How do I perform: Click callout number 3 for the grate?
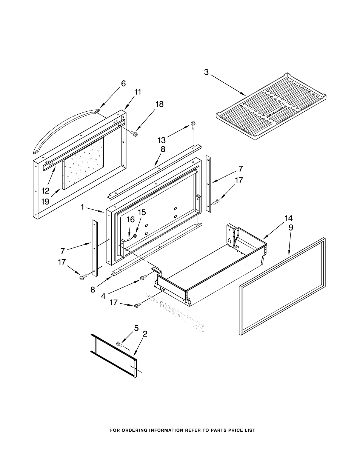pyautogui.click(x=206, y=72)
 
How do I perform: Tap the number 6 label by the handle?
pyautogui.click(x=123, y=84)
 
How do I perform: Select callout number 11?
pyautogui.click(x=138, y=92)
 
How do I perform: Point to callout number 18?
pyautogui.click(x=160, y=104)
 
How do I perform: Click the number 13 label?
pyautogui.click(x=162, y=140)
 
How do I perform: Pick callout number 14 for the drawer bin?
pyautogui.click(x=288, y=218)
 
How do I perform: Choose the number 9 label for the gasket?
pyautogui.click(x=291, y=227)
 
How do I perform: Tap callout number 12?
pyautogui.click(x=45, y=191)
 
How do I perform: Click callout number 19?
pyautogui.click(x=45, y=201)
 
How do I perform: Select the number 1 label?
pyautogui.click(x=82, y=207)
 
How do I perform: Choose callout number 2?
pyautogui.click(x=145, y=334)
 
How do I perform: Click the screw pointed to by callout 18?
pyautogui.click(x=134, y=133)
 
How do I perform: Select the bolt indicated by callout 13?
pyautogui.click(x=193, y=123)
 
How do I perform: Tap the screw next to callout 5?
pyautogui.click(x=120, y=344)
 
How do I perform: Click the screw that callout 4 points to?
pyautogui.click(x=142, y=278)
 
